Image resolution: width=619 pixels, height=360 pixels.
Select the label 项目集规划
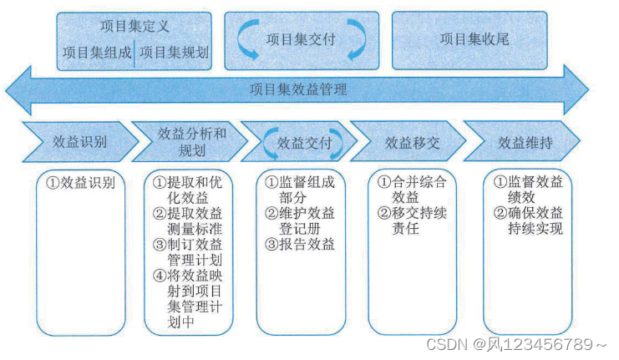coord(174,52)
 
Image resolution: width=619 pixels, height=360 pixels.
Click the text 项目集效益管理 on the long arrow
coord(298,89)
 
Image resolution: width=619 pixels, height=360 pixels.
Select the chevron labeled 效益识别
coord(79,142)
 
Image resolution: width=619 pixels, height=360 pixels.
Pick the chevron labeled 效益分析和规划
coord(191,143)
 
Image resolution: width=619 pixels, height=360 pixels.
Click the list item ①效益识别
coord(80,182)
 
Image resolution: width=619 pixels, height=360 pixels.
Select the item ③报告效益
coord(300,244)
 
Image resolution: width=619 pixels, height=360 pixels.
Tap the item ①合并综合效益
coord(413,189)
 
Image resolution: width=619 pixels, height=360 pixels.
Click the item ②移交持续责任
coord(413,221)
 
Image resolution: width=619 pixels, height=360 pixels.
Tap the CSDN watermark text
coord(515,344)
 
